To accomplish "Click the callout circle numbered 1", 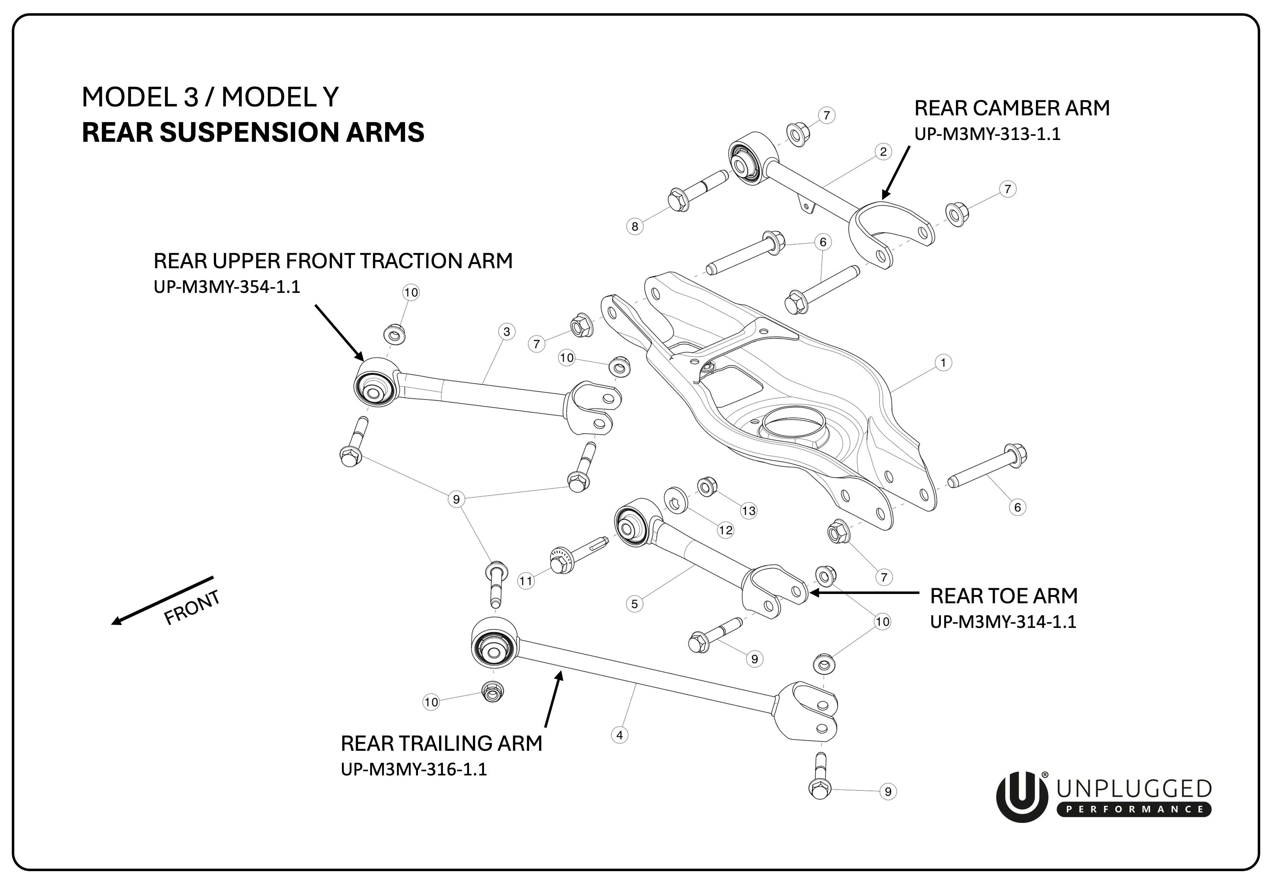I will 943,363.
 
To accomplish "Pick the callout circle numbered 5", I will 635,604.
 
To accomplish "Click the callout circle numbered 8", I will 635,226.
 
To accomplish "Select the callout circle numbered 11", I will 525,581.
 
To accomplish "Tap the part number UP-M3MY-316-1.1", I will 414,769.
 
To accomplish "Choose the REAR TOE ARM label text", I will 1003,596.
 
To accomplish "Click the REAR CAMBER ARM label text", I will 1012,108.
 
